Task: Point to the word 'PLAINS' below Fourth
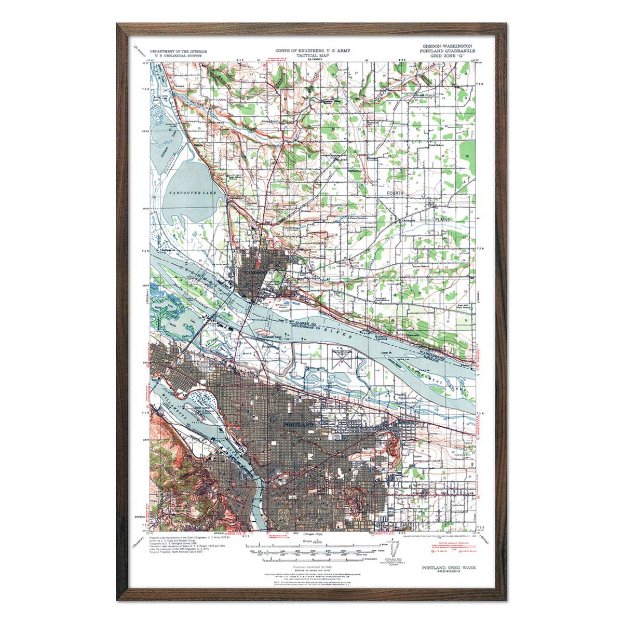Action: coord(443,220)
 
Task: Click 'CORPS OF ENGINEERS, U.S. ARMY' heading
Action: coord(313,51)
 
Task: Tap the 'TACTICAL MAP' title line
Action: coord(313,55)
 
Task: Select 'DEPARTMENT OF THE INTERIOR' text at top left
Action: coord(178,52)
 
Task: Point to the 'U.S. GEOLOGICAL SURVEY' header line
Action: coord(178,56)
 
